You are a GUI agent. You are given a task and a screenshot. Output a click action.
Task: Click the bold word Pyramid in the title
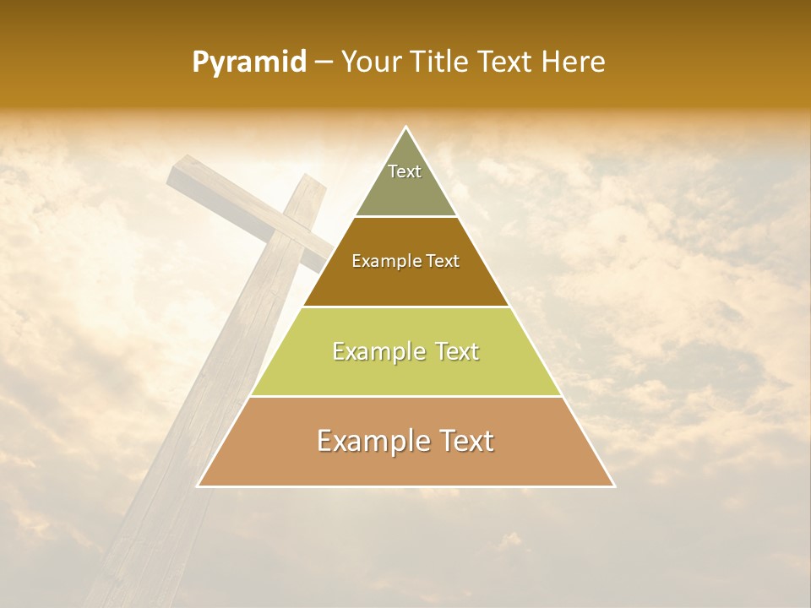(248, 62)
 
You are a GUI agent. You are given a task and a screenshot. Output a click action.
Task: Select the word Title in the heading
(443, 62)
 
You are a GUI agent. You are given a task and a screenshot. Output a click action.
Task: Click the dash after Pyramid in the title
(323, 63)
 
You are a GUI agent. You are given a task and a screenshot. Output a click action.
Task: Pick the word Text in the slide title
(507, 62)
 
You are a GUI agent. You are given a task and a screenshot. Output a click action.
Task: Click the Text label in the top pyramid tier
(405, 171)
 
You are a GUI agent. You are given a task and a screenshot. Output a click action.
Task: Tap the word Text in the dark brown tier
(443, 262)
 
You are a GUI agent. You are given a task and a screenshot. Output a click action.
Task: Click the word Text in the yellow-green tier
(457, 351)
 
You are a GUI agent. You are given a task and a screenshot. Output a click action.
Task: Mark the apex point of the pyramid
(406, 128)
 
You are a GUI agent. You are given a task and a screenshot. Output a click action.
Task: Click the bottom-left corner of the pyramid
(198, 486)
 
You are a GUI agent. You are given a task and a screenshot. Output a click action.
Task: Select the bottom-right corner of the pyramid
(614, 486)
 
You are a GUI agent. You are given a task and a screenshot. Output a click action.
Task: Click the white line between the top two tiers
(406, 217)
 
